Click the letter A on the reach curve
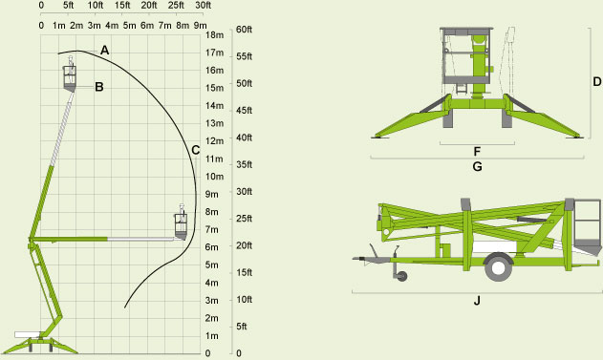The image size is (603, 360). point(104,50)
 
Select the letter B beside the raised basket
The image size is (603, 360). point(98,87)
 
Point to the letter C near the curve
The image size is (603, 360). point(195,150)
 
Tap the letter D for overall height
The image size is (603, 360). point(597,82)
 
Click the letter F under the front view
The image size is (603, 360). point(477,152)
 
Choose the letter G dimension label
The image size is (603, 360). point(477,167)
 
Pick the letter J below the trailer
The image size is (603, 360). point(477,300)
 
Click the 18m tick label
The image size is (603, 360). point(215,35)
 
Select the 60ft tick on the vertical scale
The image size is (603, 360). point(244,30)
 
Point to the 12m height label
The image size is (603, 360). point(215,141)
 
